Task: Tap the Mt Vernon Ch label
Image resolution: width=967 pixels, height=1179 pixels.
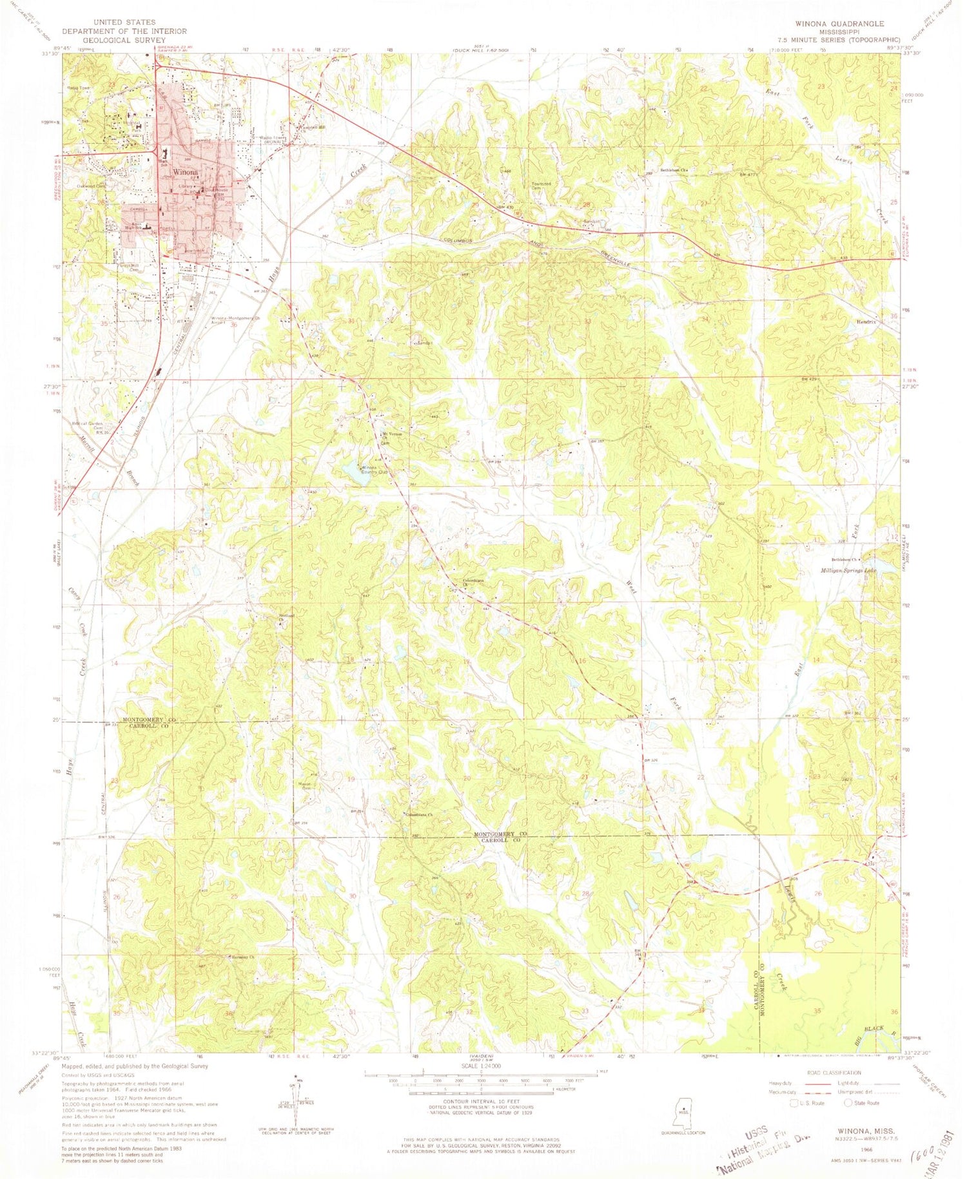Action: pos(393,436)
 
